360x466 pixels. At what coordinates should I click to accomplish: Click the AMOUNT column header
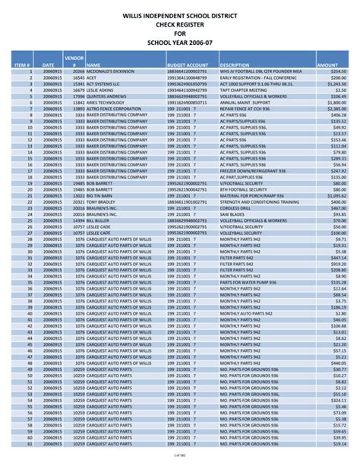(327, 66)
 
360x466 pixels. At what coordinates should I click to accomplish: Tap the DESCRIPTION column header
(235, 66)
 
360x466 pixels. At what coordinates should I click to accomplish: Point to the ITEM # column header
(22, 66)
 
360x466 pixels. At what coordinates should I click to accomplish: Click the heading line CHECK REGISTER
(180, 24)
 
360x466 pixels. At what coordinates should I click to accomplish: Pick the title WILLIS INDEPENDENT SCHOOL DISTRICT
(180, 14)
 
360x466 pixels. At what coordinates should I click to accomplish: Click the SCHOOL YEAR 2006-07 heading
(180, 43)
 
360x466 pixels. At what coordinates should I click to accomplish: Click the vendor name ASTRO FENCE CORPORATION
(112, 109)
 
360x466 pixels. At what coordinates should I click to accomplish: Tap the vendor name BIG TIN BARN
(100, 195)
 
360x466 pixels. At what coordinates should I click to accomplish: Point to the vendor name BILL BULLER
(99, 220)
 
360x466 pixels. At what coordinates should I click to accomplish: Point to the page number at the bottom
(180, 455)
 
